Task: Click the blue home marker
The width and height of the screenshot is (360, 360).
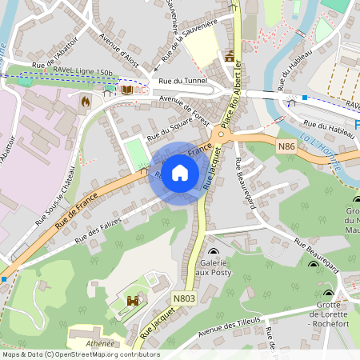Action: (180, 173)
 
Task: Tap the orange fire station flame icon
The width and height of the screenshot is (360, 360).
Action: (86, 102)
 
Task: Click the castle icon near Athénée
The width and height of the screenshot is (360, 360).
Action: (133, 301)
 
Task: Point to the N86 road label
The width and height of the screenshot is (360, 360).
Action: (286, 146)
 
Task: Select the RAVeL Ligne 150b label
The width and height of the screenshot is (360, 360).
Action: (82, 72)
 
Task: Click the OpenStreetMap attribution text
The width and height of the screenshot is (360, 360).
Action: (80, 354)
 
